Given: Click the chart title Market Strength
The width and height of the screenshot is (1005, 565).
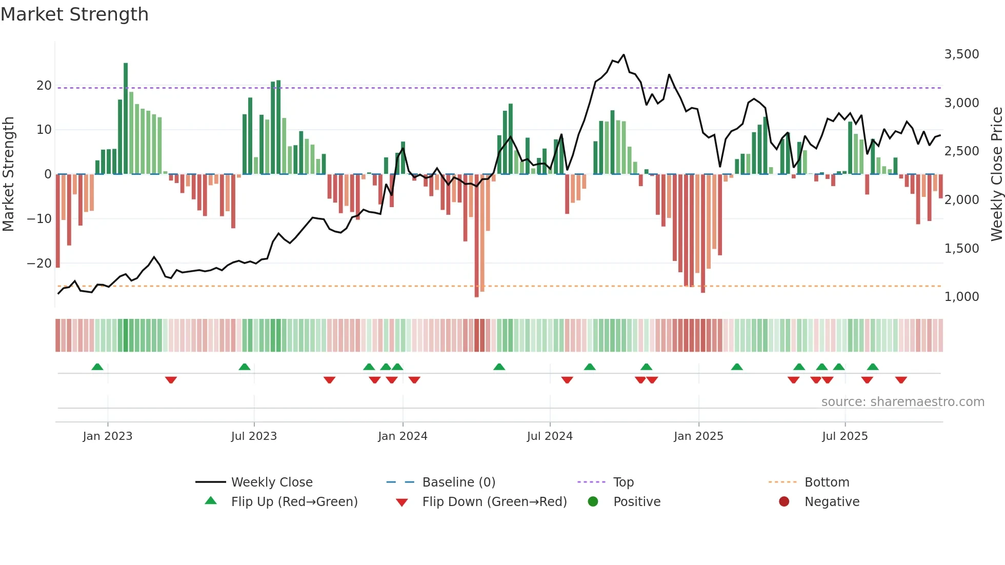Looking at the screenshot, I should (x=74, y=14).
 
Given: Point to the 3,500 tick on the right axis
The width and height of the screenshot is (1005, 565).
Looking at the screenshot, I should (x=961, y=54).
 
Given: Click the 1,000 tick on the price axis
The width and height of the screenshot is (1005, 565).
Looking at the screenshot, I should (x=961, y=297).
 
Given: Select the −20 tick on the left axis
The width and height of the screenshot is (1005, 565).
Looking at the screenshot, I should (x=39, y=264).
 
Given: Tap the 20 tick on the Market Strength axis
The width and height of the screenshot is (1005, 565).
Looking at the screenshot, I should (x=44, y=86).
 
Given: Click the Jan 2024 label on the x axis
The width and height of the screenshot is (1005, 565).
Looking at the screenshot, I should (x=403, y=436).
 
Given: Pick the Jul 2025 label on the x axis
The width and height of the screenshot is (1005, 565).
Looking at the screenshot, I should (x=845, y=436).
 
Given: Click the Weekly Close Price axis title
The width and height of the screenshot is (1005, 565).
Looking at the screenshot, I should (x=996, y=174).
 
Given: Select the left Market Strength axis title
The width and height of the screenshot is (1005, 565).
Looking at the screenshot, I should (x=8, y=174).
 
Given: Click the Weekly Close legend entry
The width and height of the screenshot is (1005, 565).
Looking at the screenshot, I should (x=271, y=482).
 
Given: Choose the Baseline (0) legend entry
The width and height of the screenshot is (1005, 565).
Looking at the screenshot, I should (x=458, y=482).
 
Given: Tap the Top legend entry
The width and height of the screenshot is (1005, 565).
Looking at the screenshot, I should (x=623, y=482).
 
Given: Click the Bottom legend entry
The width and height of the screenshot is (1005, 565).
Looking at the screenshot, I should (x=827, y=482).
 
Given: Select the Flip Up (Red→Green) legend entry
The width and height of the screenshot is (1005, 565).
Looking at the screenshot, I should (x=294, y=502).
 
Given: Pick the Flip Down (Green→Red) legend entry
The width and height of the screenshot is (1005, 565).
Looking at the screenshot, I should (x=494, y=502).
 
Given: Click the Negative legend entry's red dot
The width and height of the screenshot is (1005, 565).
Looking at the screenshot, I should (x=784, y=502).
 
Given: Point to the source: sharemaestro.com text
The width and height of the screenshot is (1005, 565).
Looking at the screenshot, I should (x=902, y=402).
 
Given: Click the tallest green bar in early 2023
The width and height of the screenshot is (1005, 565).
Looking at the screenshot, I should (x=126, y=118).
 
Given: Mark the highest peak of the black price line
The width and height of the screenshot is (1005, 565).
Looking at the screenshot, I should (x=624, y=55).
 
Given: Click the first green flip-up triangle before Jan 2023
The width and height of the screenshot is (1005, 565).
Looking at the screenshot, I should (x=97, y=367).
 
